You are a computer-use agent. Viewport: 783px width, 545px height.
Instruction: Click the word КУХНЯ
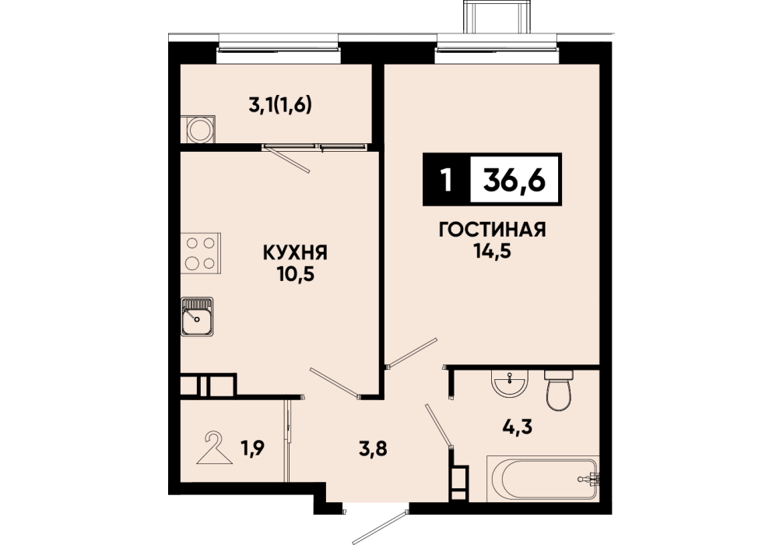pyautogui.click(x=295, y=253)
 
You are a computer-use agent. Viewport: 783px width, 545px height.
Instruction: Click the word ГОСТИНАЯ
pyautogui.click(x=492, y=230)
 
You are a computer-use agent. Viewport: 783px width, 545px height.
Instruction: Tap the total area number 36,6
pyautogui.click(x=514, y=180)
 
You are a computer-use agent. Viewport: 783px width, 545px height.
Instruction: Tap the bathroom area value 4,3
pyautogui.click(x=518, y=427)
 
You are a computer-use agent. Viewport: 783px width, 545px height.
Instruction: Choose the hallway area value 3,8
pyautogui.click(x=373, y=449)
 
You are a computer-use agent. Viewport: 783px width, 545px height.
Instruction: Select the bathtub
pyautogui.click(x=542, y=479)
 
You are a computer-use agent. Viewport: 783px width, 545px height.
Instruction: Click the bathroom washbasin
pyautogui.click(x=510, y=383)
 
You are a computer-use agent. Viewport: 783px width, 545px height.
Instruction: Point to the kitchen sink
pyautogui.click(x=197, y=316)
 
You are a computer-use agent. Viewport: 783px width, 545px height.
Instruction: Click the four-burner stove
pyautogui.click(x=200, y=253)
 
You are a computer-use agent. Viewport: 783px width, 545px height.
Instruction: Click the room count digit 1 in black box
pyautogui.click(x=447, y=180)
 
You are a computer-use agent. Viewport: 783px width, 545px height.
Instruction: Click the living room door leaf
pyautogui.click(x=412, y=353)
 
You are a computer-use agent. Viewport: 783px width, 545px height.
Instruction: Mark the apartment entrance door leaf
pyautogui.click(x=380, y=528)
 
